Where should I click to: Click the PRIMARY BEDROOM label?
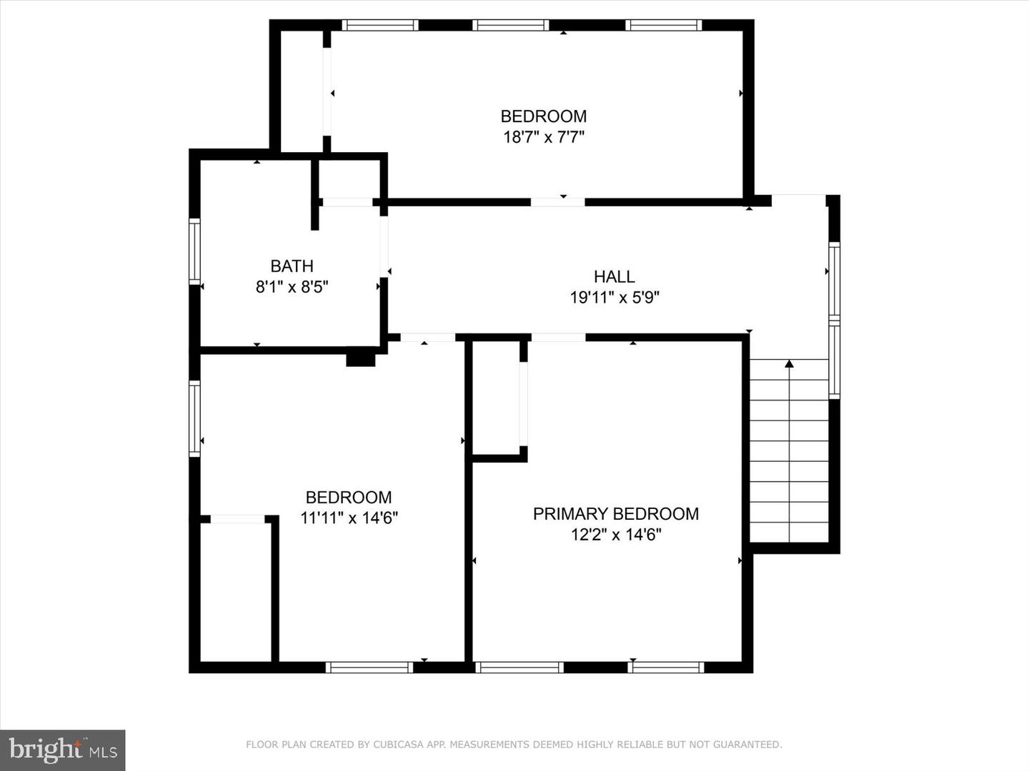tap(615, 514)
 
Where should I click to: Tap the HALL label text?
tap(614, 277)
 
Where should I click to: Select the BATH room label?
tap(292, 266)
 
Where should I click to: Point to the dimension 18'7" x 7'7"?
tap(544, 137)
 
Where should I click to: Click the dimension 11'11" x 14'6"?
tap(349, 518)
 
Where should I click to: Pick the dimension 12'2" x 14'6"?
tap(615, 535)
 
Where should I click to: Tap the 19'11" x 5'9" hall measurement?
tap(614, 297)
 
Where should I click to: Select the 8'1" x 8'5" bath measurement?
tap(292, 286)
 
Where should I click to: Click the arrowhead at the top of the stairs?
tap(790, 363)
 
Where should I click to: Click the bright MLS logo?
tap(62, 750)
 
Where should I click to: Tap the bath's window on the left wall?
tap(194, 251)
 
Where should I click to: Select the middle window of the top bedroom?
tap(510, 25)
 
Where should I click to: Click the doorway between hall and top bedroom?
tap(558, 202)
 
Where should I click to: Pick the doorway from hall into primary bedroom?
tap(558, 338)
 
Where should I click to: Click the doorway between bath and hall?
tap(384, 247)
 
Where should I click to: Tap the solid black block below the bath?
tap(360, 360)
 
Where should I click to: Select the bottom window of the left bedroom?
tap(369, 667)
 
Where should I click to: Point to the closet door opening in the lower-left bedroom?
tap(238, 519)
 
